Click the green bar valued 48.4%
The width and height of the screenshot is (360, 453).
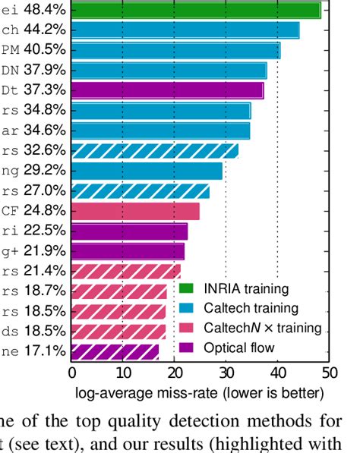[x=196, y=11]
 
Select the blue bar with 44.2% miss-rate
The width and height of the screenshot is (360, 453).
[x=185, y=30]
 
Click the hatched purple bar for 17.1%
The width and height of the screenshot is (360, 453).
[x=115, y=351]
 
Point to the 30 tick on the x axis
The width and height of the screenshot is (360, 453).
[x=226, y=373]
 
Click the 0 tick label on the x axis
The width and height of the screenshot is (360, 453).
[x=72, y=373]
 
